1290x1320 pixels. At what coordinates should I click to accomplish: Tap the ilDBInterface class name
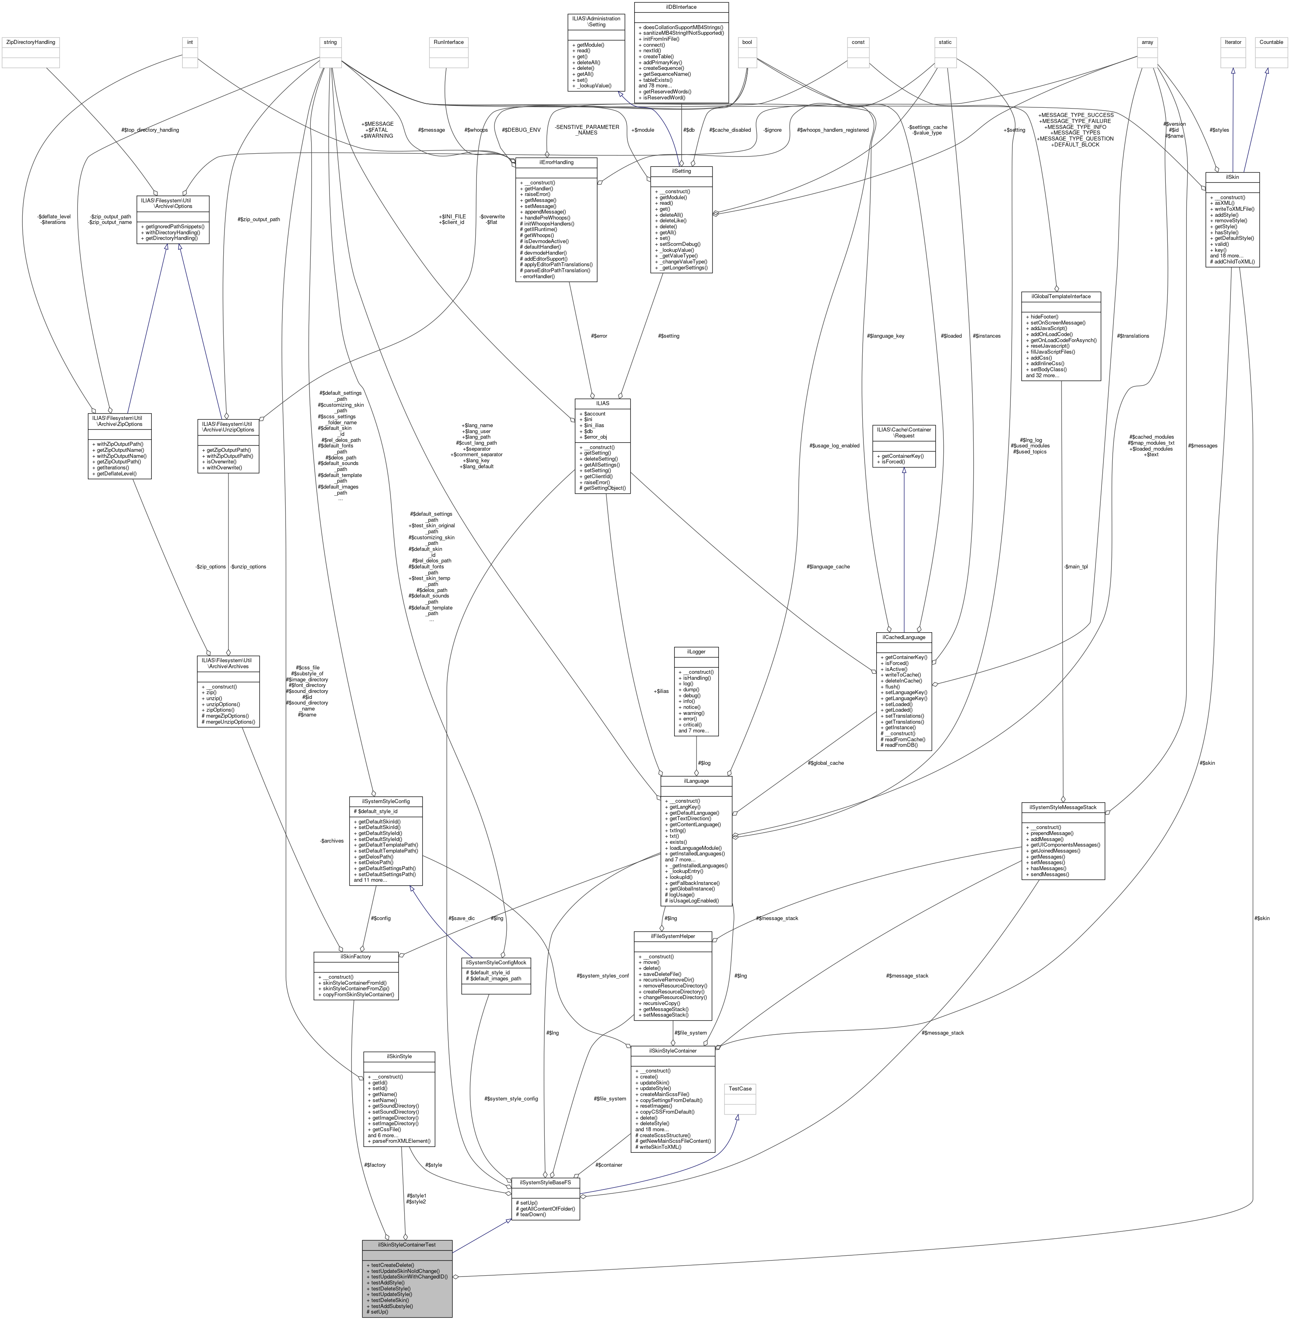(681, 7)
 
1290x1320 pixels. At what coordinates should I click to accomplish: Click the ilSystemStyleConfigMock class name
(496, 962)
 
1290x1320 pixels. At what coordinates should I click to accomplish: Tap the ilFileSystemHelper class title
(673, 936)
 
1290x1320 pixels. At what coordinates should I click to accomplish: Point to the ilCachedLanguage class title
(904, 637)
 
